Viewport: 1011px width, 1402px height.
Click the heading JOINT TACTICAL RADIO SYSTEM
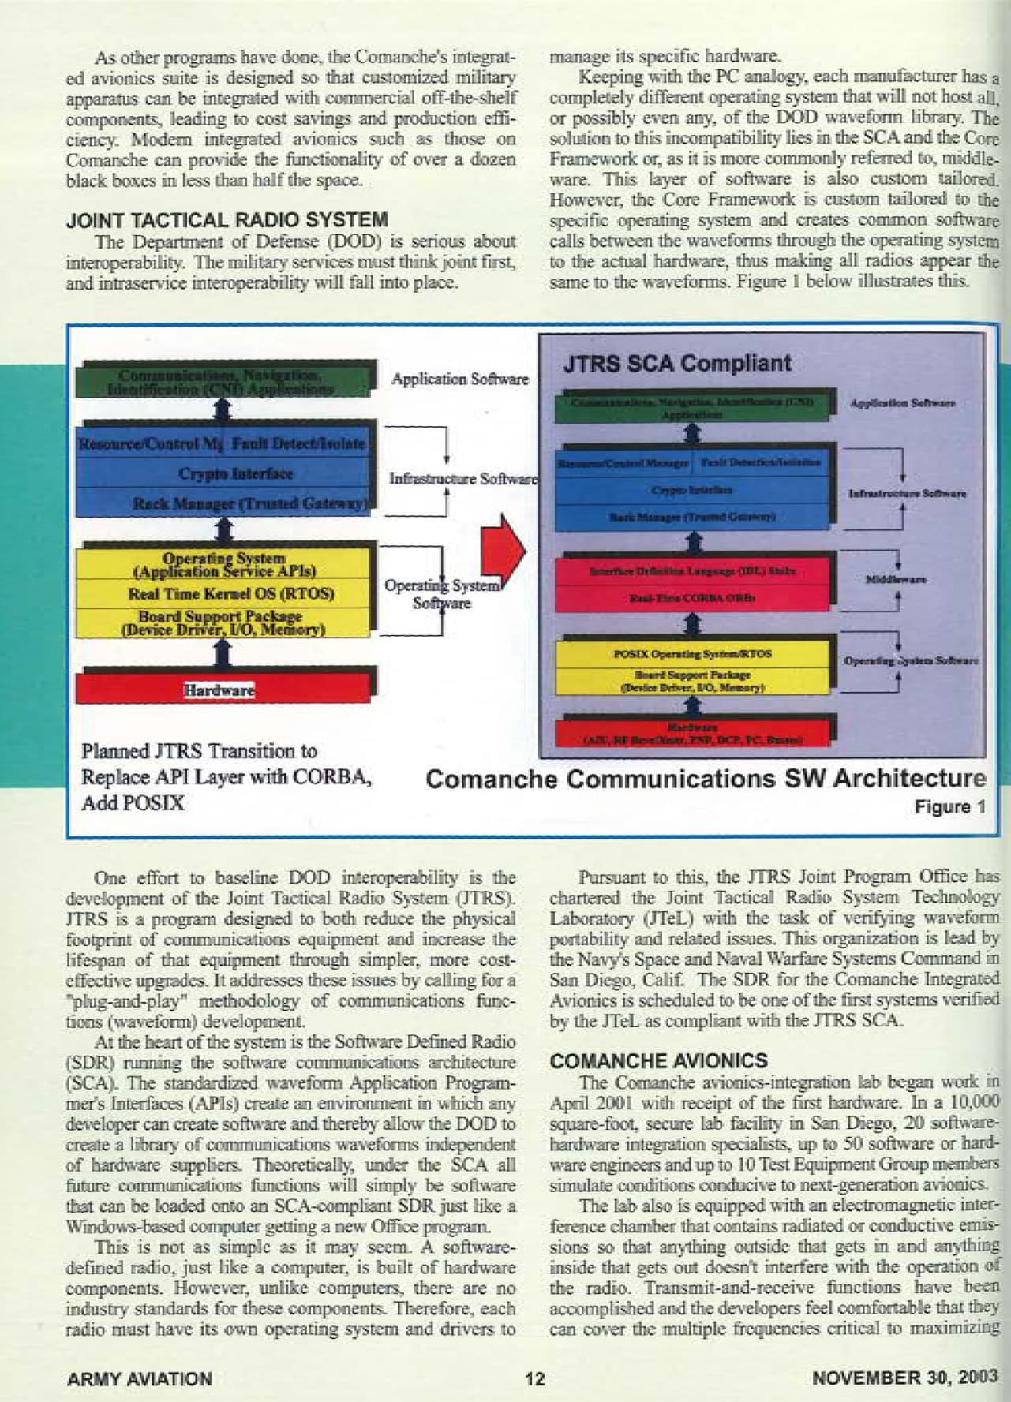click(x=227, y=219)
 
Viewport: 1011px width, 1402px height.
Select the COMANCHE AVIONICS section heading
click(x=658, y=1060)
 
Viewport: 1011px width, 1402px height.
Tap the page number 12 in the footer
click(x=534, y=1378)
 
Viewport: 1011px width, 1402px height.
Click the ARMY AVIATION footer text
click(x=140, y=1379)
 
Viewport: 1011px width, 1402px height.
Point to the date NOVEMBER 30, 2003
click(x=905, y=1378)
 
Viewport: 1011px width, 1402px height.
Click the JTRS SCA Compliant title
click(x=676, y=363)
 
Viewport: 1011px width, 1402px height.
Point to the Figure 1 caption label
click(x=950, y=806)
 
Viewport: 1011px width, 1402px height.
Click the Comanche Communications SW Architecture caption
click(x=706, y=779)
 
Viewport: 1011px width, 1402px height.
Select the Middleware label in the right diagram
click(x=895, y=580)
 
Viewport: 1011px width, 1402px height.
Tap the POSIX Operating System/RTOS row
click(x=692, y=654)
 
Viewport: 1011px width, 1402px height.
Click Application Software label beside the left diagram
click(x=459, y=379)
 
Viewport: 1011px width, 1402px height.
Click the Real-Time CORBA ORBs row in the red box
click(x=691, y=597)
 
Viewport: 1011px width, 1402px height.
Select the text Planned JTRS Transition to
click(x=199, y=750)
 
